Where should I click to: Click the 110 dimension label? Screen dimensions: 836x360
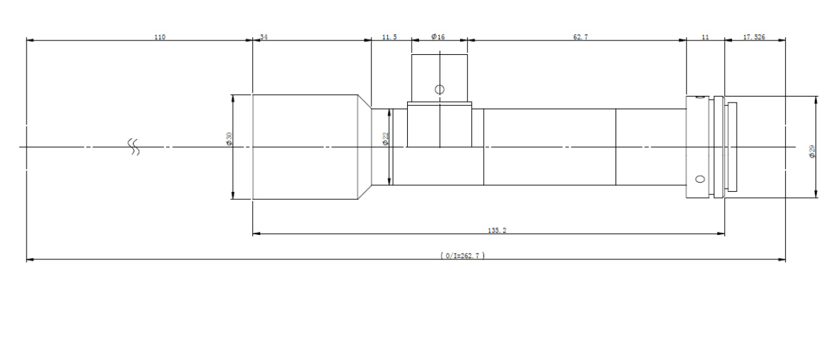[x=160, y=37]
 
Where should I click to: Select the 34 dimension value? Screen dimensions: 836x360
[x=264, y=37]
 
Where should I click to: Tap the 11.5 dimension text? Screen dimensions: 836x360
[x=389, y=37]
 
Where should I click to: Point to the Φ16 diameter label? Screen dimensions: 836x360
[x=438, y=36]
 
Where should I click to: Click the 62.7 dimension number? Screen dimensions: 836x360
[x=581, y=37]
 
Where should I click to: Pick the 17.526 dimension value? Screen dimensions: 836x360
[x=754, y=37]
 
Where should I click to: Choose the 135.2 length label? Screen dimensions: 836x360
[x=497, y=230]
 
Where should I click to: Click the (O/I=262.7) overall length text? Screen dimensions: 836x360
[x=463, y=255]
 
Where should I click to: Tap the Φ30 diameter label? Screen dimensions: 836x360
[x=229, y=138]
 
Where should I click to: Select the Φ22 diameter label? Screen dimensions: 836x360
[x=385, y=138]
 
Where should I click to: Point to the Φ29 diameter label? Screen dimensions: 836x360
[x=812, y=152]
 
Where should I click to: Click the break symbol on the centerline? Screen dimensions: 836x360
[x=134, y=147]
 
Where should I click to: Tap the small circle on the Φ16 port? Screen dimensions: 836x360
[x=440, y=89]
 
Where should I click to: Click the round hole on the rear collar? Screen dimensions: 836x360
[x=700, y=179]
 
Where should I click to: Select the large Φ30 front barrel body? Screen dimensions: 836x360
[x=305, y=147]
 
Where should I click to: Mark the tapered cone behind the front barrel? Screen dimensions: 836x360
[x=365, y=147]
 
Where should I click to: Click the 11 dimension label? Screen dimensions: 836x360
[x=705, y=37]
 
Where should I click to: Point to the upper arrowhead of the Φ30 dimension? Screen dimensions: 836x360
[x=233, y=99]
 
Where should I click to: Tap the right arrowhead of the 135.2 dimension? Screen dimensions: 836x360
[x=721, y=234]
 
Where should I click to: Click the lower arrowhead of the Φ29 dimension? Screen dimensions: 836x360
[x=816, y=194]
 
